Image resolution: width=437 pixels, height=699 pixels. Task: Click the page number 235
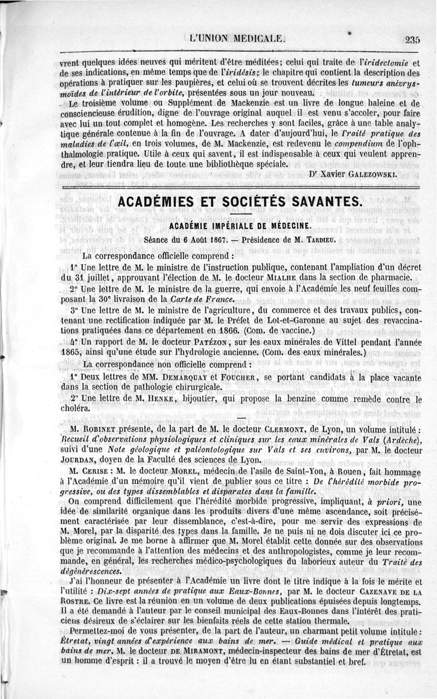[412, 39]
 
